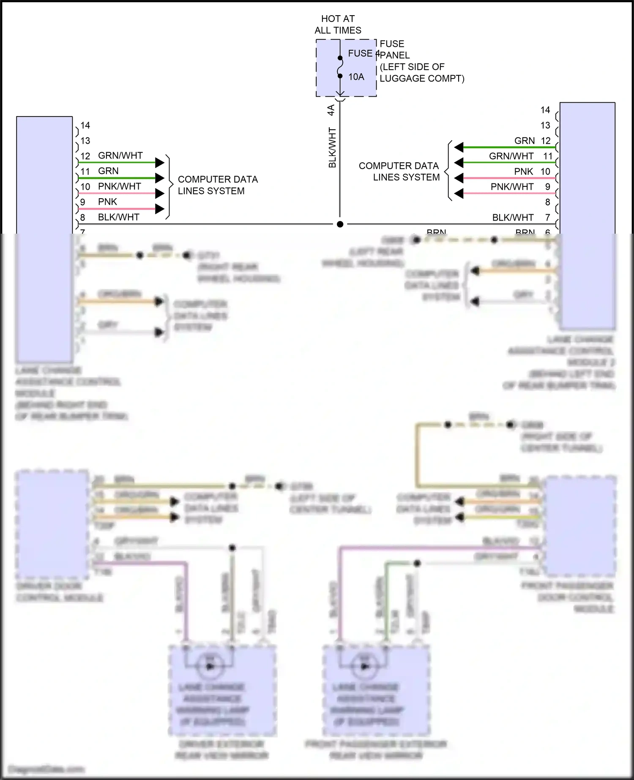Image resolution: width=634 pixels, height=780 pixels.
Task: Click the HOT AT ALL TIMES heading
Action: pyautogui.click(x=338, y=24)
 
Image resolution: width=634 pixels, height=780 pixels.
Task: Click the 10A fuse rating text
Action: pyautogui.click(x=356, y=77)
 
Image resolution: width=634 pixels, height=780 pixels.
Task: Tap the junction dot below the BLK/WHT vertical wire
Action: pyautogui.click(x=340, y=224)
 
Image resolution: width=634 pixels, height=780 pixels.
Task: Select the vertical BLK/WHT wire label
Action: pyautogui.click(x=333, y=148)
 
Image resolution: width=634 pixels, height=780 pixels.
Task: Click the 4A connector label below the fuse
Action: pyautogui.click(x=331, y=110)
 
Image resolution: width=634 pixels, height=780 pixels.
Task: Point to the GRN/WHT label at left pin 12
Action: pyautogui.click(x=120, y=155)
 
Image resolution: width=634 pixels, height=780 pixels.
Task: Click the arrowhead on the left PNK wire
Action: pyautogui.click(x=160, y=209)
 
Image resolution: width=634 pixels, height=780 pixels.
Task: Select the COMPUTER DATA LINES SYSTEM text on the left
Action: pyautogui.click(x=217, y=185)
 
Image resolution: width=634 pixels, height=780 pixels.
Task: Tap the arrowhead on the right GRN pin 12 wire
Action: pyautogui.click(x=459, y=147)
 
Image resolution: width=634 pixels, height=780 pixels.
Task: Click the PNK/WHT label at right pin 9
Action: pyautogui.click(x=512, y=187)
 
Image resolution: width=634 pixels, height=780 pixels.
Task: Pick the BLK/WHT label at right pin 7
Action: pyautogui.click(x=513, y=218)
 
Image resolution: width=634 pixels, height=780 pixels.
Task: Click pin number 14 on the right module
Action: pyautogui.click(x=545, y=110)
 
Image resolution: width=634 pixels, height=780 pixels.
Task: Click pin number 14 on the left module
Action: pyautogui.click(x=85, y=125)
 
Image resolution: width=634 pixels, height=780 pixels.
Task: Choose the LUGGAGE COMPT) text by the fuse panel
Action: pyautogui.click(x=422, y=79)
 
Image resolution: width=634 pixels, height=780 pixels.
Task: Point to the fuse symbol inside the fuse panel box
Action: pyautogui.click(x=340, y=67)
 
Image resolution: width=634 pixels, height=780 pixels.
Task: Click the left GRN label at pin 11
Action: pyautogui.click(x=108, y=171)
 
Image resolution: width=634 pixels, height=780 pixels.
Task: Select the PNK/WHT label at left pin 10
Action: pyautogui.click(x=120, y=186)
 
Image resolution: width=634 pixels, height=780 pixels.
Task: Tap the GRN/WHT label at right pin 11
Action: pyautogui.click(x=511, y=156)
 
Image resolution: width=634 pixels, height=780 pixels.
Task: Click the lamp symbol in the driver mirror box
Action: pyautogui.click(x=210, y=666)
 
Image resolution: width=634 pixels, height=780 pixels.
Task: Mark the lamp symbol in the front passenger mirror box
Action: pyautogui.click(x=364, y=666)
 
